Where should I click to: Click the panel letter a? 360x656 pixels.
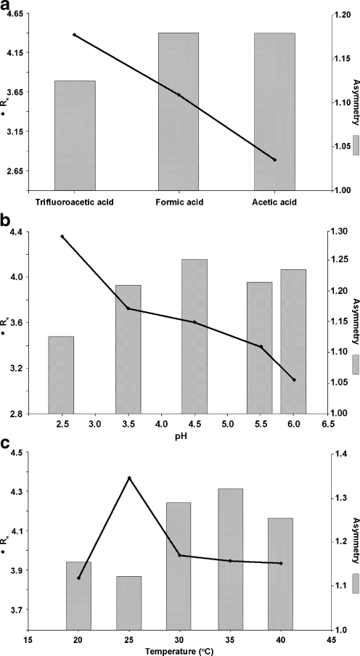7,6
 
